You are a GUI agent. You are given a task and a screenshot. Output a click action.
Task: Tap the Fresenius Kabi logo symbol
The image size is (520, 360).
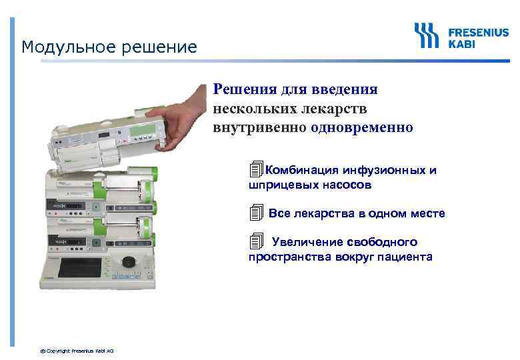[427, 35]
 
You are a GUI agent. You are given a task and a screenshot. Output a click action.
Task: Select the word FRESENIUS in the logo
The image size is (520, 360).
[478, 31]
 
